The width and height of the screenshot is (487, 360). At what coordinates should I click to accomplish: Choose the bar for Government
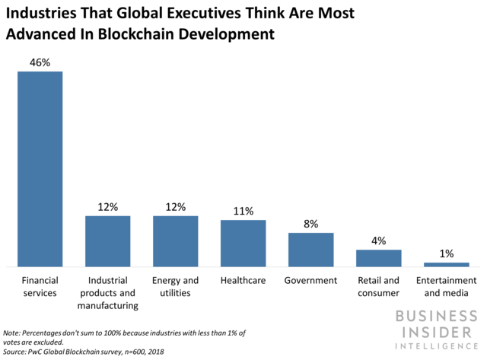(x=310, y=250)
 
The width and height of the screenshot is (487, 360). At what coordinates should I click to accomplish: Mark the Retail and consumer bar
(x=378, y=258)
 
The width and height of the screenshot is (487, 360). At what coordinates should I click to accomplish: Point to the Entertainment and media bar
(x=446, y=264)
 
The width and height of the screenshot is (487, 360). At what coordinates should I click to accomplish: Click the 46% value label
(x=40, y=62)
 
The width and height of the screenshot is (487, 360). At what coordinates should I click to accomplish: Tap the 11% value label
(x=243, y=211)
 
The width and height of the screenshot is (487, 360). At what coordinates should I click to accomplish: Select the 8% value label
(x=310, y=224)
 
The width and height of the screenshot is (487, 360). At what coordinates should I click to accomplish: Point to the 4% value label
(x=378, y=241)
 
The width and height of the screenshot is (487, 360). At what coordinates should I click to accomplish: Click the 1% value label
(x=446, y=253)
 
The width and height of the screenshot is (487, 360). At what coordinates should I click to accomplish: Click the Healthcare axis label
(x=243, y=280)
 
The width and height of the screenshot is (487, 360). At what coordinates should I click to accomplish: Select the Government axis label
(x=310, y=280)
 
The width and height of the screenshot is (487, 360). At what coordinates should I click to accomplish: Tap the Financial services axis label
(x=40, y=286)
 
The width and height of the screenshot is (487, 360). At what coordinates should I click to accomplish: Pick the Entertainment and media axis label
(x=446, y=286)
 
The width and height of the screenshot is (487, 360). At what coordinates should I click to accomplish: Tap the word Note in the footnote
(x=14, y=333)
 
